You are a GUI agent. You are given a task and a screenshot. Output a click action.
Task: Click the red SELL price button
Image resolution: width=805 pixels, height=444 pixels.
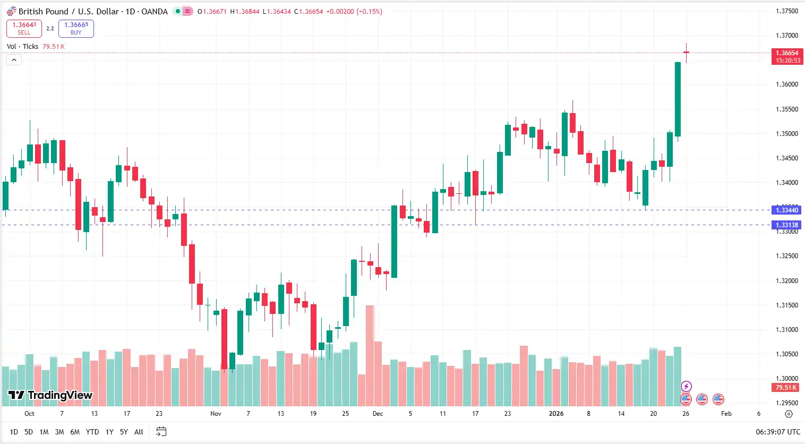(x=24, y=29)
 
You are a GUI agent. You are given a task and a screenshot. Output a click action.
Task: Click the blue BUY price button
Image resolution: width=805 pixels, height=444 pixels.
(x=76, y=29)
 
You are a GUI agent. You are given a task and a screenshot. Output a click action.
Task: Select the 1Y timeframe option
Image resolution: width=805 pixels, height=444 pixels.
(x=109, y=432)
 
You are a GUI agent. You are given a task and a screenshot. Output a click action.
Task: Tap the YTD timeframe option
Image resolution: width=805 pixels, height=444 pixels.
(x=92, y=432)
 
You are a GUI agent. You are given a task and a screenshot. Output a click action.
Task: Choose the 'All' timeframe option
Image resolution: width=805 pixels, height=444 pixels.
(x=139, y=432)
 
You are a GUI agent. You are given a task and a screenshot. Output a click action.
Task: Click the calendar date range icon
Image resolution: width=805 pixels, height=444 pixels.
(x=161, y=432)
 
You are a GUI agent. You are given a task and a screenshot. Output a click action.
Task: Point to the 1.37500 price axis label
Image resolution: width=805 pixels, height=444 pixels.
(x=786, y=11)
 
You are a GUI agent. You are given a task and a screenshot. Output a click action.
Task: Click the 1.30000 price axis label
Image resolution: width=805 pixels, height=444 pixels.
(x=786, y=379)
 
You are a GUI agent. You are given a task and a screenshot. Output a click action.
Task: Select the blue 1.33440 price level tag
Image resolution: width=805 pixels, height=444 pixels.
(x=786, y=210)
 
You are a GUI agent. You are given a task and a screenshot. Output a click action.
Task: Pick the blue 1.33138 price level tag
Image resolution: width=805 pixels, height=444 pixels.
(x=786, y=225)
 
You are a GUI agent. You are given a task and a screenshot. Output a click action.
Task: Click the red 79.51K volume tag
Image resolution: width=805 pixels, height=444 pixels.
(x=786, y=388)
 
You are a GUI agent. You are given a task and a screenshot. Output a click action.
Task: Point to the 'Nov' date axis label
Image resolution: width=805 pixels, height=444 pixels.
(x=216, y=414)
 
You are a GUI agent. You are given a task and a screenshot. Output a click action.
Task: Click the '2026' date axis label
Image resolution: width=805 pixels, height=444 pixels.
(x=556, y=414)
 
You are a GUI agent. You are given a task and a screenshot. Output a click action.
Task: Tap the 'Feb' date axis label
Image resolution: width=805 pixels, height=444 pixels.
(x=726, y=414)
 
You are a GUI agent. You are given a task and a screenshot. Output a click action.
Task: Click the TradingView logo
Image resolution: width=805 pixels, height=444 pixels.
(x=50, y=395)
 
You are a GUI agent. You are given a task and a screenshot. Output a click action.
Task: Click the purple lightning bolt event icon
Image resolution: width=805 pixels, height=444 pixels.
(x=686, y=386)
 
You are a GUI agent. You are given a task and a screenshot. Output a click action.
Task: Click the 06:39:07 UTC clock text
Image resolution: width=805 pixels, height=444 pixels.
(x=778, y=432)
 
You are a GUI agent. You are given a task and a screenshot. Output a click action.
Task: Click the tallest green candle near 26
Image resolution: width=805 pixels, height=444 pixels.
(x=678, y=99)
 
